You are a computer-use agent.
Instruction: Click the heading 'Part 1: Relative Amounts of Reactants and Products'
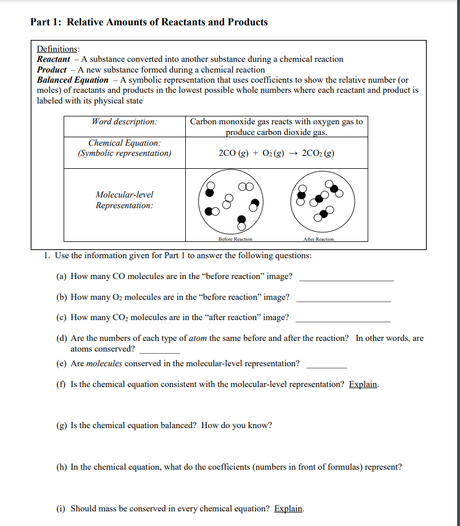click(x=149, y=23)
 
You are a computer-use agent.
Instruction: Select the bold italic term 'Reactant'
click(x=53, y=59)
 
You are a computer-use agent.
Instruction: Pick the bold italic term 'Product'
click(x=52, y=70)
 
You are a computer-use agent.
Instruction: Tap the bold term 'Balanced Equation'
click(x=72, y=80)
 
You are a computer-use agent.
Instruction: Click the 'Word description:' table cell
click(x=124, y=122)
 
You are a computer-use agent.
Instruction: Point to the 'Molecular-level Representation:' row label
click(x=124, y=200)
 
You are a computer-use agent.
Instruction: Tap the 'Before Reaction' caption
click(x=235, y=239)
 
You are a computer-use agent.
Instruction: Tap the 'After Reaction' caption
click(x=318, y=239)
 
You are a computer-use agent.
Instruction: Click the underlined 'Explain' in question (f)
click(x=363, y=385)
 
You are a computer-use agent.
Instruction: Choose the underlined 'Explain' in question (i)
click(x=288, y=509)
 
